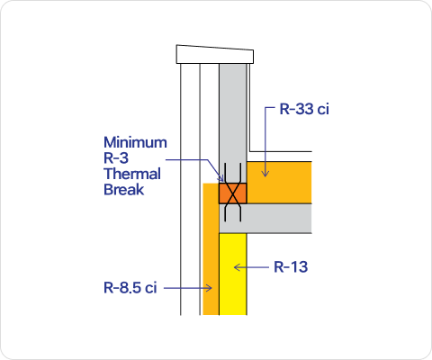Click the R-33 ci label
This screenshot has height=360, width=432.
point(304,109)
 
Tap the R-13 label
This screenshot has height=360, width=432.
point(291,266)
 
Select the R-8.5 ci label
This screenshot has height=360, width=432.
point(130,288)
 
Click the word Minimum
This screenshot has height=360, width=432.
point(135,142)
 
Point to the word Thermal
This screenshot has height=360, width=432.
point(132,174)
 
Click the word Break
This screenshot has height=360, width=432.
point(124,190)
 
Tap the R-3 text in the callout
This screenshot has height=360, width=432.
point(116,158)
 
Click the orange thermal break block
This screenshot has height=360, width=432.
point(233,193)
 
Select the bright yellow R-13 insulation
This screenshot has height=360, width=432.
point(233,274)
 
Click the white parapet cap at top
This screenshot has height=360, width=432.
point(215,55)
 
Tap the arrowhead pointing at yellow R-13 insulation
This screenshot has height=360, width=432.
point(237,267)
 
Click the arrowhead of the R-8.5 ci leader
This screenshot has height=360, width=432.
point(210,288)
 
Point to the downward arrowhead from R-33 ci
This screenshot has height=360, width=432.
point(265,174)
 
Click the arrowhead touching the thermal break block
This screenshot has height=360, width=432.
point(221,179)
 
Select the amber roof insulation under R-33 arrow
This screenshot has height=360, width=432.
point(279,183)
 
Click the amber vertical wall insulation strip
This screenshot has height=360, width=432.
point(211,249)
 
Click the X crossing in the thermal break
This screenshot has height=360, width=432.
point(233,193)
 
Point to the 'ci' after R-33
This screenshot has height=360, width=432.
point(323,109)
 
